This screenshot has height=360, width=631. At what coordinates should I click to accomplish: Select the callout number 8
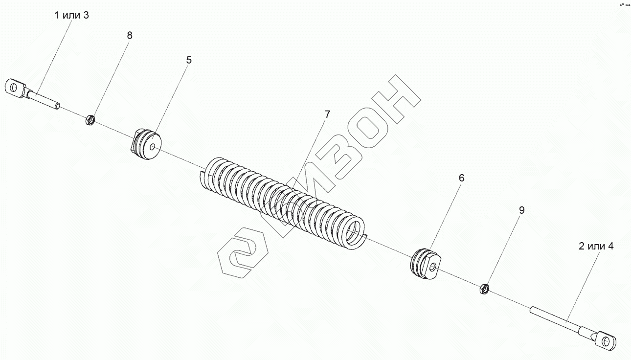click(129, 35)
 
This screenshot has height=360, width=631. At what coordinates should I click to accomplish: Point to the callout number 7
click(327, 114)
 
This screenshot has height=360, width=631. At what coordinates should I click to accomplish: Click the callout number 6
click(461, 178)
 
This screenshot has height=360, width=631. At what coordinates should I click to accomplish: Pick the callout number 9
click(521, 210)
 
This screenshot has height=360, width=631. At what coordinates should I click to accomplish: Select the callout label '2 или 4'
click(596, 246)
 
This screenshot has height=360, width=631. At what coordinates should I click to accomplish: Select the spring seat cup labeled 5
click(147, 145)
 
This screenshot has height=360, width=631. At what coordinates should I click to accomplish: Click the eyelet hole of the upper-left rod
click(14, 88)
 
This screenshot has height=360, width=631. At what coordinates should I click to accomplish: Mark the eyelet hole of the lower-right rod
click(607, 339)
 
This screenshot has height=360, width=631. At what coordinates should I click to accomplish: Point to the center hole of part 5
click(154, 146)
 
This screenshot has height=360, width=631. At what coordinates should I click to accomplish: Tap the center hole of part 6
click(432, 267)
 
